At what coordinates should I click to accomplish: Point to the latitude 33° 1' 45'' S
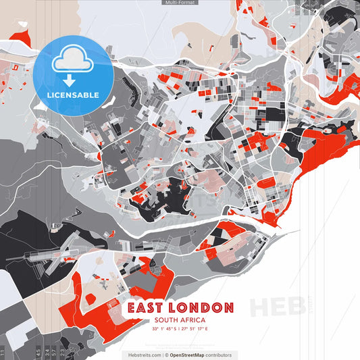pos(165,329)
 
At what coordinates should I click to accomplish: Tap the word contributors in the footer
pos(220,355)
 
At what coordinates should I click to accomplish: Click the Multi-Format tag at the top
pos(180,3)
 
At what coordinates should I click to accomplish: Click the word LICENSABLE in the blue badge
pos(71,95)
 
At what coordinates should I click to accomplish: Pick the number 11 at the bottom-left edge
pos(3,352)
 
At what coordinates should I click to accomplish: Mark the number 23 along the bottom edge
pos(63,352)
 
